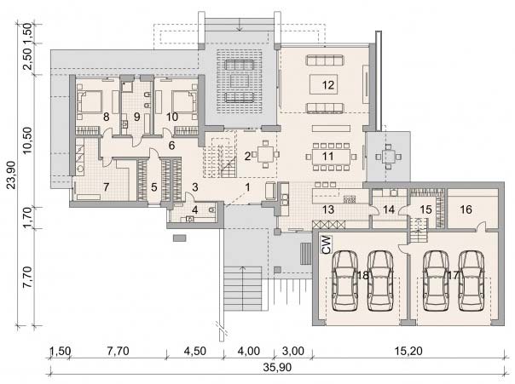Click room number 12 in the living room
tap(328, 85)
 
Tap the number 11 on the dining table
tap(327, 156)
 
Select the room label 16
tap(466, 209)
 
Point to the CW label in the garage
tap(327, 244)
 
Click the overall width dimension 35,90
tap(277, 367)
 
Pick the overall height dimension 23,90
tap(12, 175)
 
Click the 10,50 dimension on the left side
tap(27, 140)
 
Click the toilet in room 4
tap(211, 209)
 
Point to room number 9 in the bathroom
tap(136, 117)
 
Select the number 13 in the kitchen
tap(327, 209)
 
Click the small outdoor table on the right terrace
tap(388, 157)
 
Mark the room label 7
tap(106, 187)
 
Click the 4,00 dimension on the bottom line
tap(249, 351)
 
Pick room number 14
tap(389, 209)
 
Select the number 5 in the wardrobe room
tap(154, 187)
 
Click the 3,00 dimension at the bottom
tap(293, 351)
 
